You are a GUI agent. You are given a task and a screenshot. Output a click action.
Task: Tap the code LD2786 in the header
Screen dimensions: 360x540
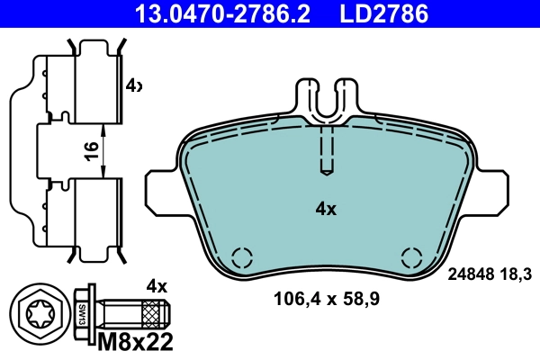click(382, 13)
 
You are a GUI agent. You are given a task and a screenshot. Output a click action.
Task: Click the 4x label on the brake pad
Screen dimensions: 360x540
click(325, 209)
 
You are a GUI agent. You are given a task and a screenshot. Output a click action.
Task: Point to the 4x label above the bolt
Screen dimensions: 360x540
click(157, 286)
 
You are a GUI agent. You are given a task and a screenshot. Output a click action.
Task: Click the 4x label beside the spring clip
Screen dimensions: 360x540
click(133, 85)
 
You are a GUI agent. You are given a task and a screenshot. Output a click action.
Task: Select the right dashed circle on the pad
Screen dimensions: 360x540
click(409, 256)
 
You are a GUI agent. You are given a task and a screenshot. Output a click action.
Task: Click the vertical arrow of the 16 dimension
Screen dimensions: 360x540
click(105, 150)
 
